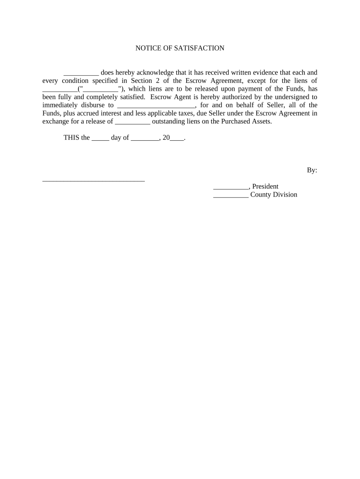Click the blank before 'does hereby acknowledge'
(x=81, y=73)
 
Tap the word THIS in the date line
(x=72, y=138)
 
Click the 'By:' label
(x=312, y=170)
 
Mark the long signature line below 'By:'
(x=94, y=180)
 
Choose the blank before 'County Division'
(x=230, y=195)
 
